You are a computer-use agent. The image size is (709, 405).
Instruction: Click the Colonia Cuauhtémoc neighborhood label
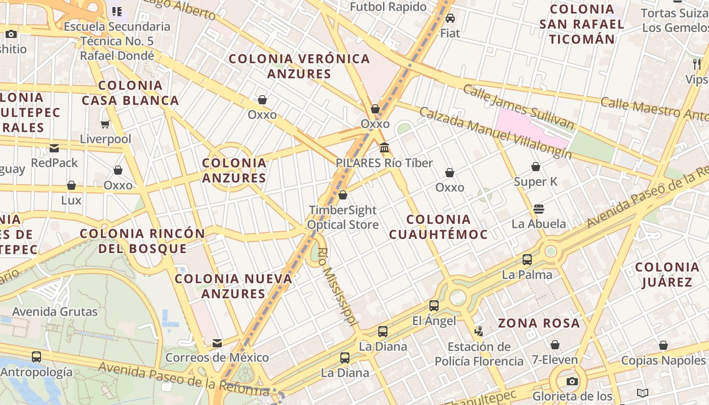point(439,227)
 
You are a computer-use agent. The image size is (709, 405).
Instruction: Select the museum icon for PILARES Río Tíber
point(384,148)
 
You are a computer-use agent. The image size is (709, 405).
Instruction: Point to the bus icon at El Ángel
point(434,306)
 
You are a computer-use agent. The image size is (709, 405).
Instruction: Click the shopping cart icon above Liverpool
point(105,124)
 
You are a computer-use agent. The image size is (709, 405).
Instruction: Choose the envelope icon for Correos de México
point(217,343)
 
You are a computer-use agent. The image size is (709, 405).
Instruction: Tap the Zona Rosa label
point(539,323)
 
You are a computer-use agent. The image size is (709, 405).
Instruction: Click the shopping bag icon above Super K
point(536,167)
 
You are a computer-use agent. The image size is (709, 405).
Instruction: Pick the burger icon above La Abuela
point(539,209)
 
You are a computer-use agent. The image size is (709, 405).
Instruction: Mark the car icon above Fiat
point(450,19)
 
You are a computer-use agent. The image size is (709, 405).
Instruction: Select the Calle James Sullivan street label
point(519,107)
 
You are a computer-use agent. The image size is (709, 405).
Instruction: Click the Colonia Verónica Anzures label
point(299,66)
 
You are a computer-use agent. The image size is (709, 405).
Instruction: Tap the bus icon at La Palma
point(527,260)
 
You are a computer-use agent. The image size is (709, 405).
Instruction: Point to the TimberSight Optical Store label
point(343,217)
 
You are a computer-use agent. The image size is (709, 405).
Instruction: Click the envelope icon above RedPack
point(54,148)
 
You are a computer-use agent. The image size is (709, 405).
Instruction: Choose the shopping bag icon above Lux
point(71,186)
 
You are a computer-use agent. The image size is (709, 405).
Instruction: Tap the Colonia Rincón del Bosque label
point(143,241)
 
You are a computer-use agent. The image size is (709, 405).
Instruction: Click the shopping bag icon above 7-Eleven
point(555,345)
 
